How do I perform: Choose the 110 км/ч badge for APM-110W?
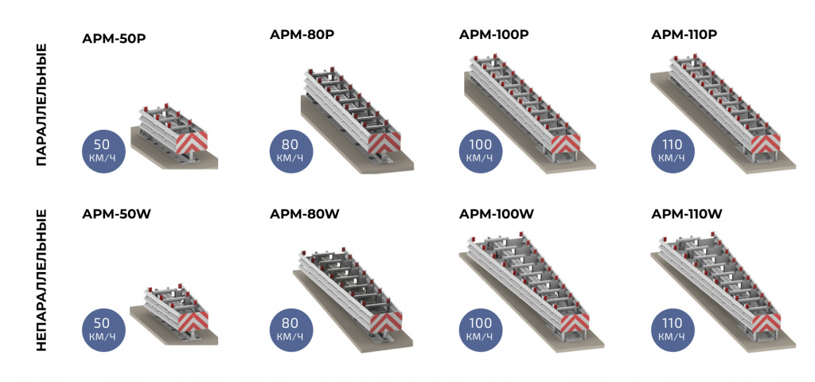click(x=673, y=330)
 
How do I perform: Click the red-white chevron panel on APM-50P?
click(x=192, y=142)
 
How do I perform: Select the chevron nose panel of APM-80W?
click(x=386, y=322)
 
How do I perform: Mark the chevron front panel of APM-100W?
click(x=574, y=322)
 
